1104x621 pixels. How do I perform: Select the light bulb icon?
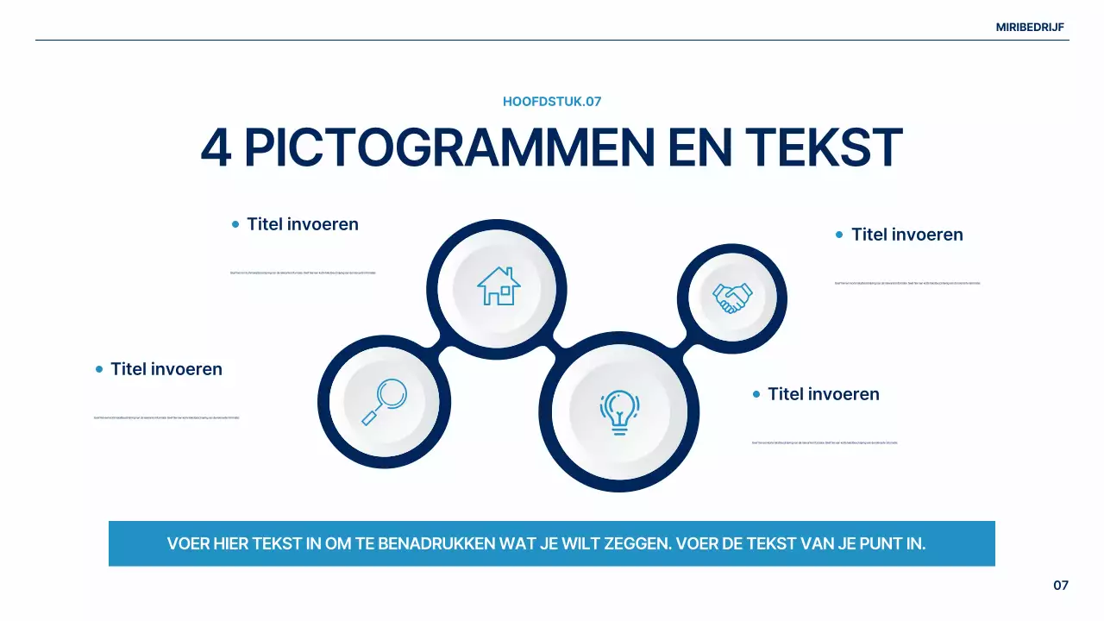(618, 411)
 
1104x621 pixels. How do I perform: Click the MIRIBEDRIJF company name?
(1030, 28)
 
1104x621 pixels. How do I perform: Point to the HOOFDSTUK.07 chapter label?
(552, 102)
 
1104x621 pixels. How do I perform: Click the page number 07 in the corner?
(1061, 586)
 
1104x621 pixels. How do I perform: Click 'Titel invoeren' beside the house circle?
(303, 224)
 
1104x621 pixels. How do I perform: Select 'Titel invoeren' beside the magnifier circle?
(166, 369)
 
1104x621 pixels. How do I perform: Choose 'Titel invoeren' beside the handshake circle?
(907, 235)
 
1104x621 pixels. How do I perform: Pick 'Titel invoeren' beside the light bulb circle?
(824, 394)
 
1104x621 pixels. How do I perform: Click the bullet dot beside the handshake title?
(839, 235)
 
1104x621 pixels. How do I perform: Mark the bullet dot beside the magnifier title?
(99, 369)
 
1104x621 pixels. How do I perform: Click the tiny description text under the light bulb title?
(825, 442)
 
